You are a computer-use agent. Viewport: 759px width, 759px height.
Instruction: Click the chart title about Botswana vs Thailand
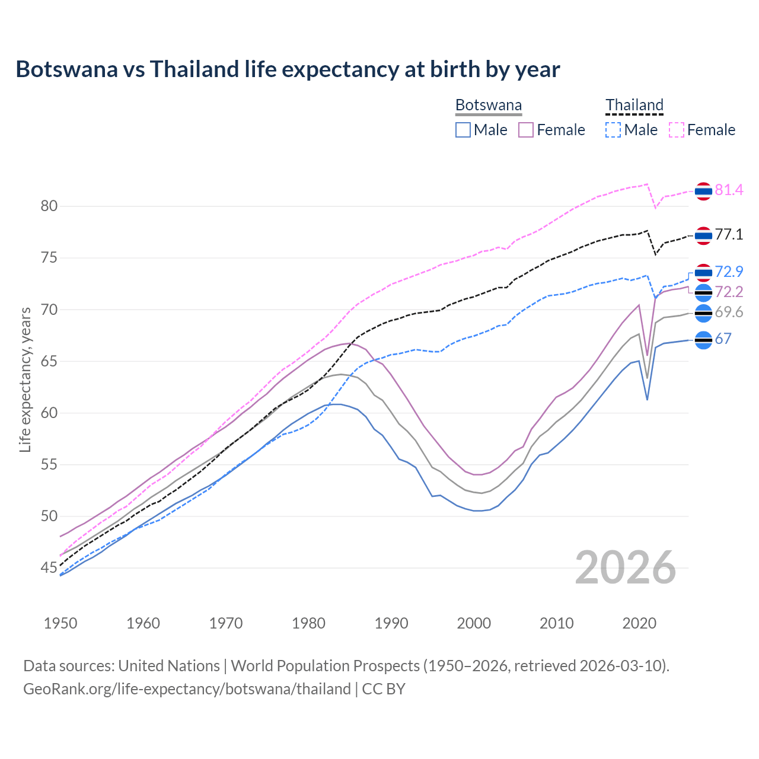[x=288, y=69]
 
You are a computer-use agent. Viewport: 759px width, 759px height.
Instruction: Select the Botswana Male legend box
[x=463, y=130]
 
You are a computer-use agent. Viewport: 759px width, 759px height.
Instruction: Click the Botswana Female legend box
[x=526, y=130]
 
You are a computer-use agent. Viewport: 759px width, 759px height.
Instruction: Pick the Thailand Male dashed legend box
[x=613, y=130]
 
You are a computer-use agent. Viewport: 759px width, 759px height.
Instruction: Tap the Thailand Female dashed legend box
[x=677, y=130]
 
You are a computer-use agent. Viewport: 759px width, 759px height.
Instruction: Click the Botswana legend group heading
[x=489, y=106]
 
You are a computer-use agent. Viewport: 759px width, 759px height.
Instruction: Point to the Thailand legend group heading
[x=634, y=106]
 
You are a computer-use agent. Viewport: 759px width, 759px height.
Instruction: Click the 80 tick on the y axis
[x=49, y=206]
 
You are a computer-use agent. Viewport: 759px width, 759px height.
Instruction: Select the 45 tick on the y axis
[x=49, y=568]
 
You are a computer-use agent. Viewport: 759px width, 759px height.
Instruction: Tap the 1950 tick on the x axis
[x=60, y=623]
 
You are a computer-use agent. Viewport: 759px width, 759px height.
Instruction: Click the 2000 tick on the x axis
[x=474, y=623]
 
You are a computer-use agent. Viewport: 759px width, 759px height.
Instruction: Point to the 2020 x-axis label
[x=639, y=623]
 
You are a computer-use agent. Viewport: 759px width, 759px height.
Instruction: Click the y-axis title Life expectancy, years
[x=25, y=379]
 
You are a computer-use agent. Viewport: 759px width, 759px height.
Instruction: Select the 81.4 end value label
[x=729, y=190]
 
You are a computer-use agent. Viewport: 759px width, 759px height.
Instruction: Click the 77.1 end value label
[x=729, y=235]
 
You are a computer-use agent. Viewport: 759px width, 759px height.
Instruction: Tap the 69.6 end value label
[x=729, y=312]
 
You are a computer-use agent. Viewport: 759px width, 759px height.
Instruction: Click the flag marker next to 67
[x=703, y=340]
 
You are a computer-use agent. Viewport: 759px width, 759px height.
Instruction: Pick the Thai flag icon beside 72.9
[x=703, y=272]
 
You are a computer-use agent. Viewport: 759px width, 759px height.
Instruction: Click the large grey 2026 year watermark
[x=626, y=567]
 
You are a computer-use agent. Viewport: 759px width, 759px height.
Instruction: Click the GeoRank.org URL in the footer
[x=187, y=689]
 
